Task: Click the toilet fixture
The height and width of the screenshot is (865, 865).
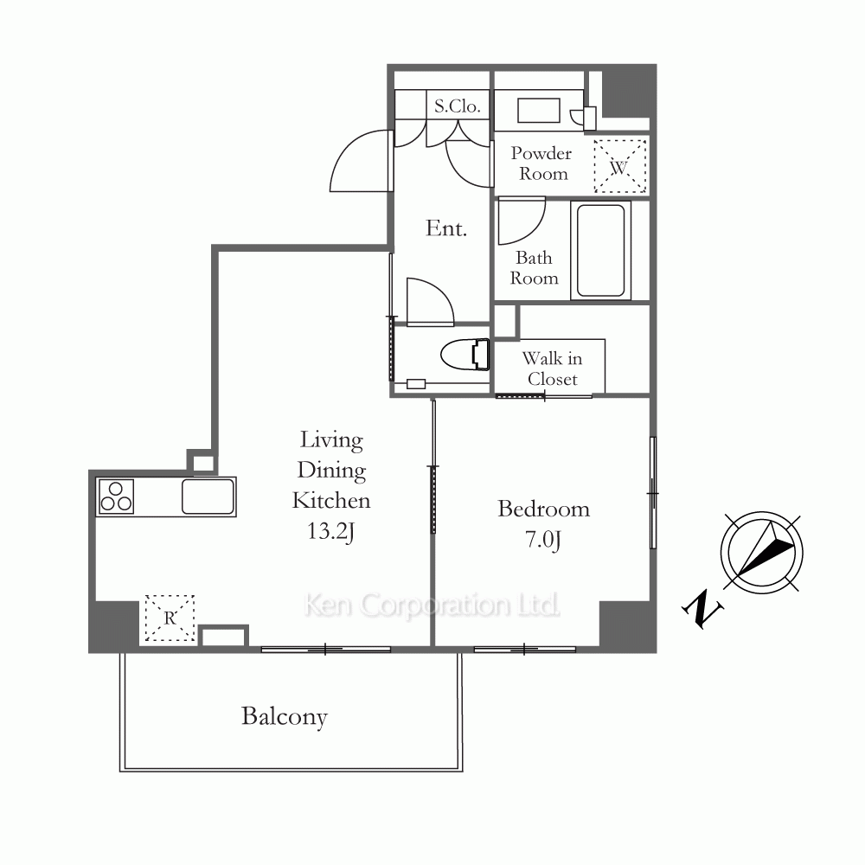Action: [x=465, y=354]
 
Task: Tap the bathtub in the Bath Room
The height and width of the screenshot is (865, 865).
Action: [x=600, y=251]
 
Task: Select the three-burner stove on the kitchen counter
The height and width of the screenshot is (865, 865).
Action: [x=116, y=497]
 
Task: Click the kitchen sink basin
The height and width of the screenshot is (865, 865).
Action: [x=208, y=497]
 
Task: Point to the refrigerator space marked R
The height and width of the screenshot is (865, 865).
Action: [x=170, y=618]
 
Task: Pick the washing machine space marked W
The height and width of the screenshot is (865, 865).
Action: [x=619, y=166]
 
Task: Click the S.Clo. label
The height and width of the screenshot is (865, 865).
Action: [x=458, y=106]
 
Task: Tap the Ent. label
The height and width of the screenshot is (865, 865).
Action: [x=446, y=227]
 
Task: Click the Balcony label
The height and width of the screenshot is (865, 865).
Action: [x=284, y=717]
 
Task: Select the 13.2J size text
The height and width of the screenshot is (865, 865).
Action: [x=330, y=531]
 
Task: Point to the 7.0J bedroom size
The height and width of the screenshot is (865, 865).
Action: [x=543, y=539]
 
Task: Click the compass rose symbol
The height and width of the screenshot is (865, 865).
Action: [x=762, y=553]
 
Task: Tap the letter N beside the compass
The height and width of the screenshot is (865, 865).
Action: [x=702, y=609]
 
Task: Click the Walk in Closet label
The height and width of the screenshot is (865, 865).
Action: [x=552, y=368]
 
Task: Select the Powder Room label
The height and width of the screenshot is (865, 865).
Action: [x=541, y=163]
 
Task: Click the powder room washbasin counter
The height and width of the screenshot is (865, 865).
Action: [x=539, y=111]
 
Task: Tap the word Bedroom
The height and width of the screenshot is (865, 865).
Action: [x=543, y=509]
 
